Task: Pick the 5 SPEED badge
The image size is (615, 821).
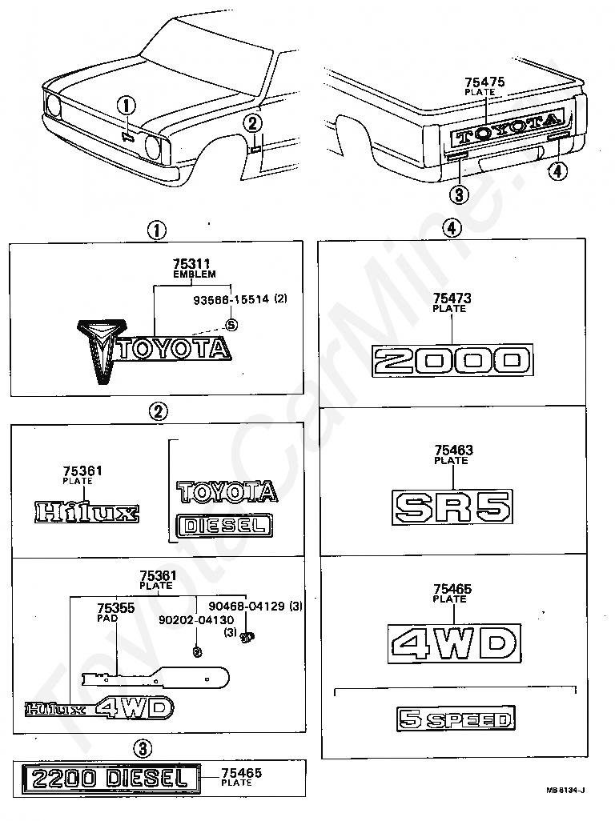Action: pyautogui.click(x=455, y=719)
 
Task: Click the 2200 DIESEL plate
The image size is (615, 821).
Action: pyautogui.click(x=108, y=777)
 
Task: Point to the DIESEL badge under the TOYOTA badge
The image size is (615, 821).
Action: pyautogui.click(x=224, y=525)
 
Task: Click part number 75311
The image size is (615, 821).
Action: pyautogui.click(x=194, y=263)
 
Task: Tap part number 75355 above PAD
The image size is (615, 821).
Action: pyautogui.click(x=115, y=608)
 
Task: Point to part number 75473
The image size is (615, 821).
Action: pyautogui.click(x=452, y=298)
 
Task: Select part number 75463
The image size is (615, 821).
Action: pyautogui.click(x=453, y=451)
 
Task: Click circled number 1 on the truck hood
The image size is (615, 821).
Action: pyautogui.click(x=128, y=104)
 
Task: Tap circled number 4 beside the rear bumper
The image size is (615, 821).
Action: pyautogui.click(x=557, y=170)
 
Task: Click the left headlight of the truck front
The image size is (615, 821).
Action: pyautogui.click(x=54, y=104)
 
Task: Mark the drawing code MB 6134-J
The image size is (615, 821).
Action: pyautogui.click(x=565, y=791)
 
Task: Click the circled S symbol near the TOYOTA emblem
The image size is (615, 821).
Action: pyautogui.click(x=231, y=324)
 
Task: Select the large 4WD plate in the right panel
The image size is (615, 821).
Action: pyautogui.click(x=454, y=643)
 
